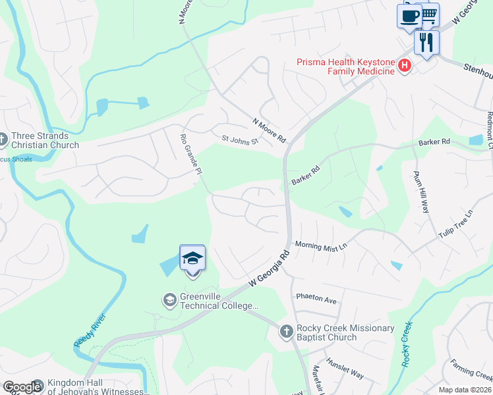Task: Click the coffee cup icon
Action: coord(409,16)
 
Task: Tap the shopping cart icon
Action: coord(429,14)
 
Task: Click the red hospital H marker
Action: coord(405,66)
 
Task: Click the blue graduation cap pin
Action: coord(192,258)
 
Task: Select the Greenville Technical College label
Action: coord(210,306)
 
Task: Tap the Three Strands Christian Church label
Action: coord(45,141)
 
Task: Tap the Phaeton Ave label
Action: coord(316,299)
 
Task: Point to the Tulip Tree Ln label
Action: coord(456,224)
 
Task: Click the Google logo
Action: coord(22,387)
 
